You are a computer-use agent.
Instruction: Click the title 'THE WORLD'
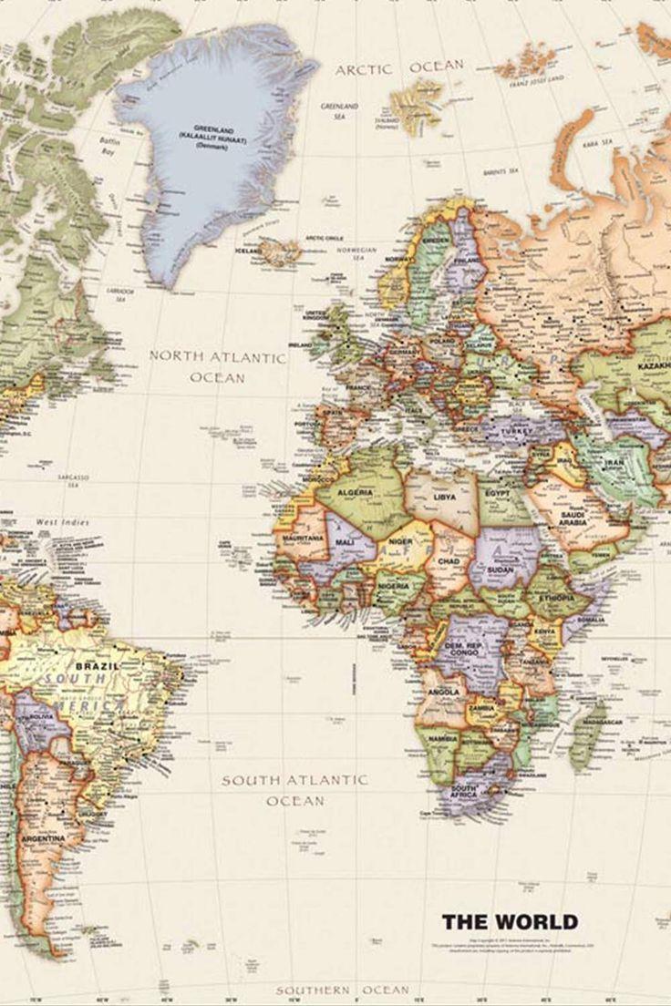click(510, 921)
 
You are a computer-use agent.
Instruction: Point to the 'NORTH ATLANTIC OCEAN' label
click(218, 365)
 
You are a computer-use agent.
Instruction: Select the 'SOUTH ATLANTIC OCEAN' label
click(294, 790)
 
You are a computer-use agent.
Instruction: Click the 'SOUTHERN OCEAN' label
click(343, 990)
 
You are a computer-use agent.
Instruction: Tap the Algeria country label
click(356, 492)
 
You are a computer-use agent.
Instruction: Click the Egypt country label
click(499, 492)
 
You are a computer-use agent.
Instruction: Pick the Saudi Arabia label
click(573, 520)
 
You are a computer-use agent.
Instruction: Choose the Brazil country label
click(91, 666)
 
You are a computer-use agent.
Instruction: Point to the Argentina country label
click(44, 837)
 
